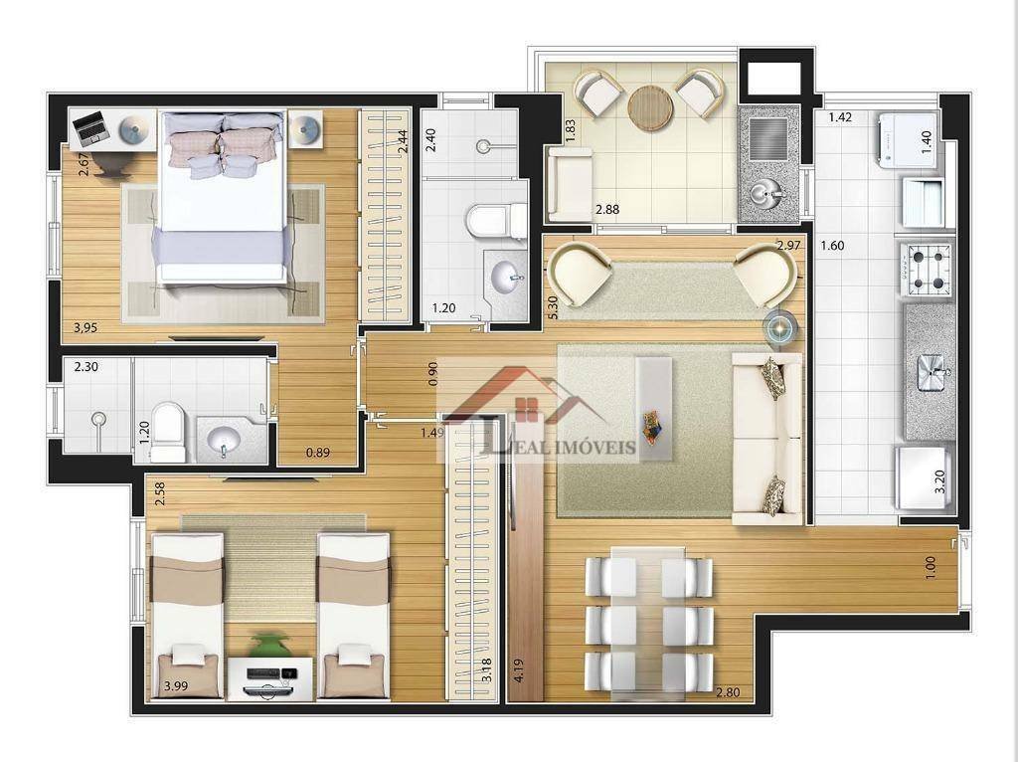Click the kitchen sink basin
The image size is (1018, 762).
(x=932, y=374)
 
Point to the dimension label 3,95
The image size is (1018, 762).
(x=85, y=328)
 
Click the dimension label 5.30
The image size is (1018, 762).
(x=552, y=307)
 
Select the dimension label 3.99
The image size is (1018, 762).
(x=175, y=686)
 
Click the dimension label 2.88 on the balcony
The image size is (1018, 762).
(x=607, y=209)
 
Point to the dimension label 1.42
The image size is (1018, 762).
(x=840, y=117)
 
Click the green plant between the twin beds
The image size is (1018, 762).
(x=267, y=645)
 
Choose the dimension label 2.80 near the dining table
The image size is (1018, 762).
(x=728, y=692)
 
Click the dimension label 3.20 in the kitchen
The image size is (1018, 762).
(x=939, y=481)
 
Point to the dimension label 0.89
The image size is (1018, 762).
(x=317, y=453)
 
